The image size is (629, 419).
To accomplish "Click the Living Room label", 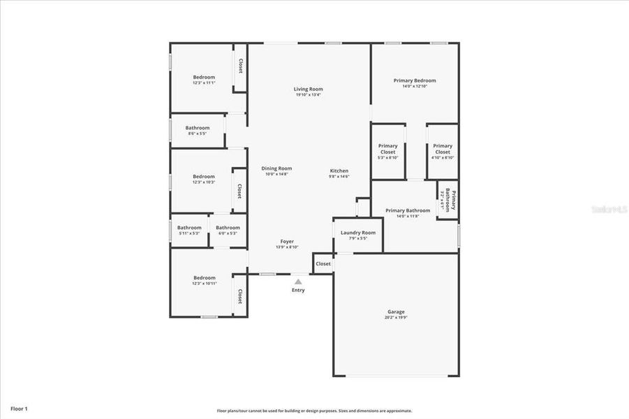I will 308,89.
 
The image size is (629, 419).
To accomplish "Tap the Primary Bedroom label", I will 414,80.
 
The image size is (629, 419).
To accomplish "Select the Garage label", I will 396,311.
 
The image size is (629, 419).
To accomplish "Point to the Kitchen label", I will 339,170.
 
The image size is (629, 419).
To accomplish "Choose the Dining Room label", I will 276,168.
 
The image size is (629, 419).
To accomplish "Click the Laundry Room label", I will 357,233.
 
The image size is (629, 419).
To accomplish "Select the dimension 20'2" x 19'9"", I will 396,317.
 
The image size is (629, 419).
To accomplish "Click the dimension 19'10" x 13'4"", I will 308,94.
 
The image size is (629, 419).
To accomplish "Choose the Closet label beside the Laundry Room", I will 323,264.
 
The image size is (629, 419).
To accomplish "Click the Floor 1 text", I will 19,408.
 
